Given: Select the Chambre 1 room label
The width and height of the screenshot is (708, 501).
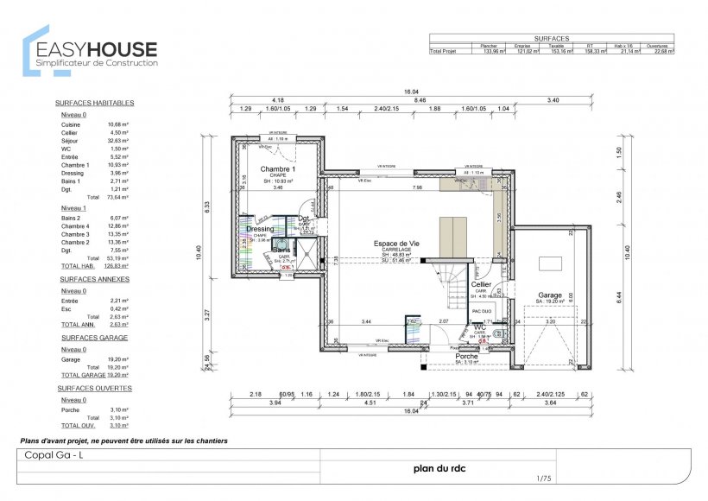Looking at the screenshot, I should point(278,168).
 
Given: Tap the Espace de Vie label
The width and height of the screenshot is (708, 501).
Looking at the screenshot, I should point(396,244).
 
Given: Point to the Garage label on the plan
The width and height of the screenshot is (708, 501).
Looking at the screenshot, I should point(550,295).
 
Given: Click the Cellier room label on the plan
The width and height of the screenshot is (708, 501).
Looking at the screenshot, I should point(481,283).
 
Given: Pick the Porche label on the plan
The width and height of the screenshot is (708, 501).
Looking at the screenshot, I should point(443,355).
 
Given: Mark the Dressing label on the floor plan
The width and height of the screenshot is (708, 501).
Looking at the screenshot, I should point(260,229).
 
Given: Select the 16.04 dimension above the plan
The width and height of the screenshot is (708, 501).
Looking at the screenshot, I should point(411,92).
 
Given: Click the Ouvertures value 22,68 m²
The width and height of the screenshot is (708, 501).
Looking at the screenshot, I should point(663,52).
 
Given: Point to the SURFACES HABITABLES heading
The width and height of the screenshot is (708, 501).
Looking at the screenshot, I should point(93,103).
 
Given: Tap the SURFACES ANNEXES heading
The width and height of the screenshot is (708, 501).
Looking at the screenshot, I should point(94,280).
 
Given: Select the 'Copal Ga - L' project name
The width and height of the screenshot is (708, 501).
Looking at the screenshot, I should point(54,455).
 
